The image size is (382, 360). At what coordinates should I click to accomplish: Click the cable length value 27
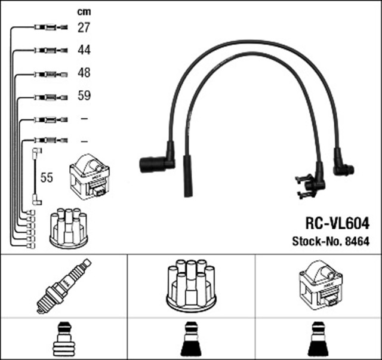[84, 27]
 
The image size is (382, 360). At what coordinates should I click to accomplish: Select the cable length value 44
[84, 50]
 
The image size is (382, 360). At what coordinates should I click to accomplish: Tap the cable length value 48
[84, 73]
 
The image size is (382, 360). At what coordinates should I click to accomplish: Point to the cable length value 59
[84, 96]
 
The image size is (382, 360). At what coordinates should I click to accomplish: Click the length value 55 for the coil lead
[47, 177]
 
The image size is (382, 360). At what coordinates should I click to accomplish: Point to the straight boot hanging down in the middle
[186, 176]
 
